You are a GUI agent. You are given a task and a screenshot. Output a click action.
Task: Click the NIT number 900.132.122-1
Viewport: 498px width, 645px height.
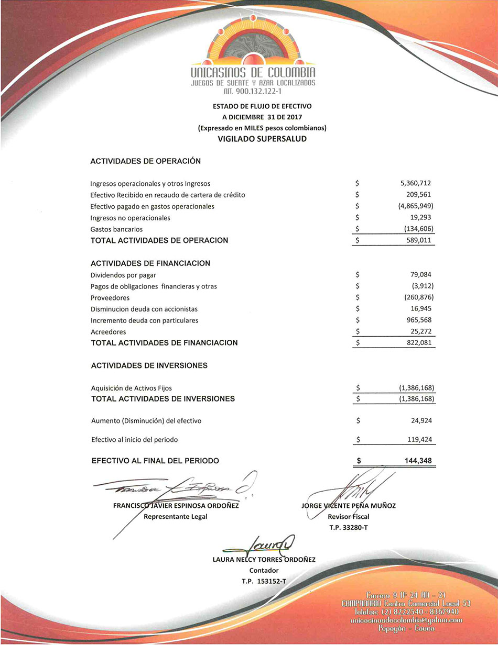253,91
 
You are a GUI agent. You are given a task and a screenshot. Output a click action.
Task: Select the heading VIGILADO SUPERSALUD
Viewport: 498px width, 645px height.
262,139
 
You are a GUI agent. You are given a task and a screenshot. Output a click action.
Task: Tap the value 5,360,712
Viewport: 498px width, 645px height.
415,183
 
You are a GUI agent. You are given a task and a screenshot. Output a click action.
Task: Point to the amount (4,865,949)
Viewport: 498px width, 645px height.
416,206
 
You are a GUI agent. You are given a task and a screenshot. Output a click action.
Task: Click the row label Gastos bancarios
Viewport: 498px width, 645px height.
116,229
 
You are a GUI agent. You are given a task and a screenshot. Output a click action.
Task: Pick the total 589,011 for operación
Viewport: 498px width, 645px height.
419,241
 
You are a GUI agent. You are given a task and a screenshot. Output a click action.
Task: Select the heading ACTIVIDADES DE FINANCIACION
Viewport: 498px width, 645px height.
150,263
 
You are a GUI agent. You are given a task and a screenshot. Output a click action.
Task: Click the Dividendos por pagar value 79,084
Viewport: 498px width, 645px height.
421,274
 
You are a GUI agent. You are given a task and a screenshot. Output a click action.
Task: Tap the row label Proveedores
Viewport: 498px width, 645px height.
110,298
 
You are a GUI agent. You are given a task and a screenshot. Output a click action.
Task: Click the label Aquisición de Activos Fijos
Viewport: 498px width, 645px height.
132,388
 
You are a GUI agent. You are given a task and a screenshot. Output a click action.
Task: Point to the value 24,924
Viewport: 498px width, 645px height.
421,420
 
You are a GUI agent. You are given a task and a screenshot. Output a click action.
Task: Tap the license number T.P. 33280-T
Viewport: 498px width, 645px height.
349,527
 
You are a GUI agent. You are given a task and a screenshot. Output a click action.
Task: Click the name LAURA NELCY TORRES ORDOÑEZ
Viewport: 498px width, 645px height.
264,559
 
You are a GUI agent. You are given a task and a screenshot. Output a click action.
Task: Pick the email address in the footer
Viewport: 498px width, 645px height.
406,620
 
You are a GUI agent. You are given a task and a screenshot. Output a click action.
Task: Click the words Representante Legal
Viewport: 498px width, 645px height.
176,517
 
